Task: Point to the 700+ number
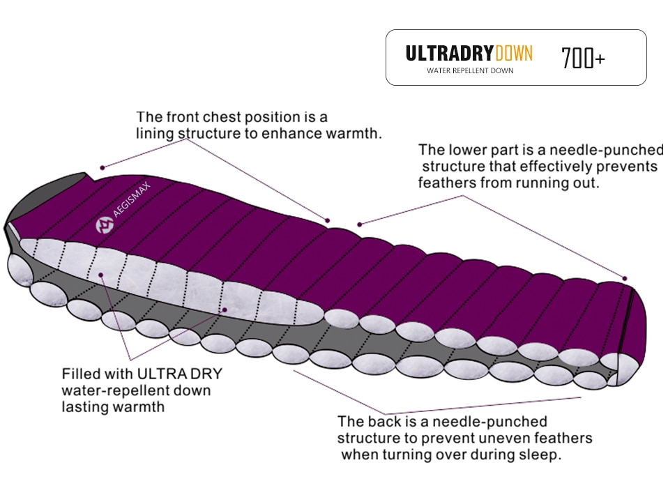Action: [583, 58]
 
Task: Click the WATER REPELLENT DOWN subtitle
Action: [470, 70]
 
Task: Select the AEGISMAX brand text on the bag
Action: [132, 199]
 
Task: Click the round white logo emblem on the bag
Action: [105, 225]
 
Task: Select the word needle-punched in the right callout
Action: [607, 151]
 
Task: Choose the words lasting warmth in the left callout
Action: [113, 407]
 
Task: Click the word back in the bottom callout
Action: [385, 422]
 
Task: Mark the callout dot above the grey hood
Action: [103, 168]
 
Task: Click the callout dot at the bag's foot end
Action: [625, 279]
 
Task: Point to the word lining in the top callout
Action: [155, 134]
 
